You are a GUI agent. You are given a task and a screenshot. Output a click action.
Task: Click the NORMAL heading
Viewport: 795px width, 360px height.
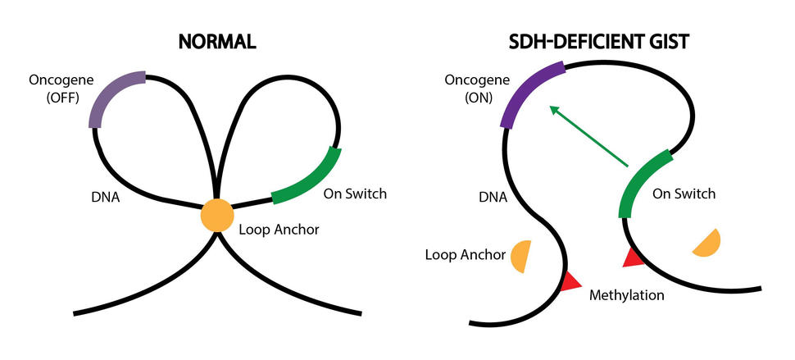(216, 42)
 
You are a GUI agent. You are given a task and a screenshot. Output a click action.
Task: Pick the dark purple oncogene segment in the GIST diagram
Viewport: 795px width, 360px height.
(528, 94)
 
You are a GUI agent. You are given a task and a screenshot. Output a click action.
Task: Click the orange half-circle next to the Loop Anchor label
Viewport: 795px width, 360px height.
(522, 257)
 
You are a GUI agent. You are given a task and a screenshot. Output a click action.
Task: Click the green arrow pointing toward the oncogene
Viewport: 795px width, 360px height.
(588, 137)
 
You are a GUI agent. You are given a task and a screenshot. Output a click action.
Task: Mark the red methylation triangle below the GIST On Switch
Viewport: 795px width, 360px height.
(632, 257)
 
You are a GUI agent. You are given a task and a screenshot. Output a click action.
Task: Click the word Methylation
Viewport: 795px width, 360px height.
(627, 294)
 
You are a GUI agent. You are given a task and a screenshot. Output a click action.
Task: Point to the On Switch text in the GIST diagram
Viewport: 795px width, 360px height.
(684, 194)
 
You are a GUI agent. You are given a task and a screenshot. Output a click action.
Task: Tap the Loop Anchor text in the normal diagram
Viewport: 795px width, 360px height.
(279, 230)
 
